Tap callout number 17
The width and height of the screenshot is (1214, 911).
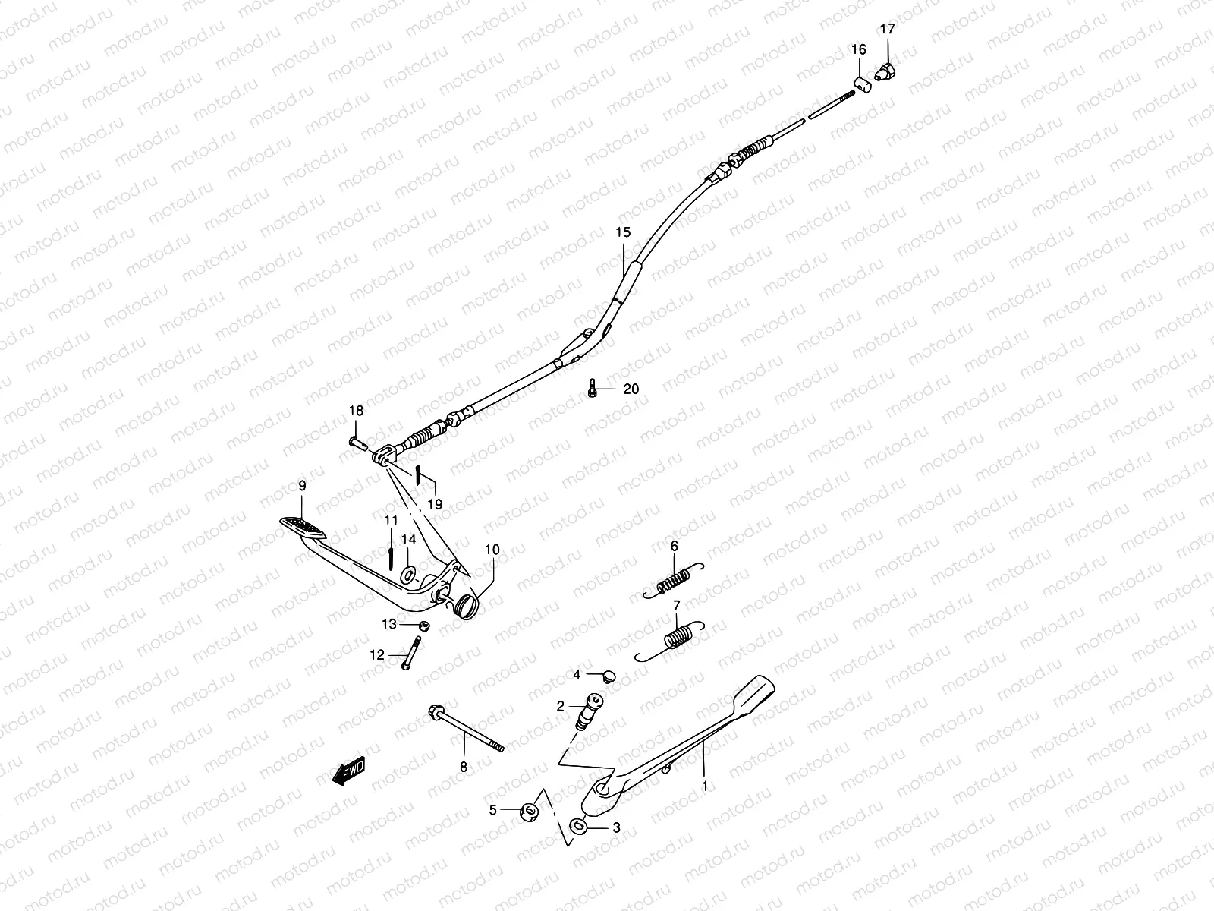point(887,30)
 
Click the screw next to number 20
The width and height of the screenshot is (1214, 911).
point(592,389)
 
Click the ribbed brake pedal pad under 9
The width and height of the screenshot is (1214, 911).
point(300,526)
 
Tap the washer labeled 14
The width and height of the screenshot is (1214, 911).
point(408,575)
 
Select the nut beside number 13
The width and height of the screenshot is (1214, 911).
point(426,626)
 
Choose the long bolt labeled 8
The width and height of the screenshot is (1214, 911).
point(470,730)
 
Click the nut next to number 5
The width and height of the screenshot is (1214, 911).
point(527,811)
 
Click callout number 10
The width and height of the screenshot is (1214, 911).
point(492,549)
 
